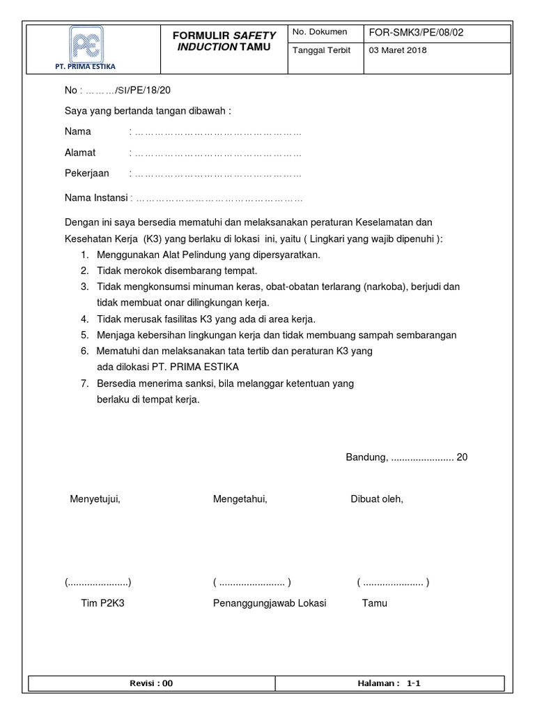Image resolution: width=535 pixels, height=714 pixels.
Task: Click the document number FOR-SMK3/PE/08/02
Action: pos(414,33)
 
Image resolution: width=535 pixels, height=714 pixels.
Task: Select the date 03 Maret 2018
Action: pos(398,51)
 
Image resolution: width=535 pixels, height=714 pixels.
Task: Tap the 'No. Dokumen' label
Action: pos(320,33)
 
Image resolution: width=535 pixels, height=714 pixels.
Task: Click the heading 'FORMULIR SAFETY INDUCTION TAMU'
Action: pos(224,40)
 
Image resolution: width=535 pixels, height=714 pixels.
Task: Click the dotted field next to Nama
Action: pos(217,132)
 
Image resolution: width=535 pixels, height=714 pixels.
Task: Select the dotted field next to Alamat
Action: pos(217,153)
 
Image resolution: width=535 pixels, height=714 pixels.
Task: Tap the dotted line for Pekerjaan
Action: pos(217,174)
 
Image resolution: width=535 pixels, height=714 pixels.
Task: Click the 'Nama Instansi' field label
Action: pos(96,198)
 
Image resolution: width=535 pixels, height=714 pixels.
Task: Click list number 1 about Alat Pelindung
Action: pos(84,255)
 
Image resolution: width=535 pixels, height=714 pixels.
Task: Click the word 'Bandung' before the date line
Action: pos(366,457)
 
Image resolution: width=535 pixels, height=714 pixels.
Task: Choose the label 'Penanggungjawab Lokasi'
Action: pos(270,603)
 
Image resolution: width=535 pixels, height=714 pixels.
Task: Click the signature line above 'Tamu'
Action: pos(393,583)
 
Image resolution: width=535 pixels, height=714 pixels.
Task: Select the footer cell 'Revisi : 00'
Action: pos(151,684)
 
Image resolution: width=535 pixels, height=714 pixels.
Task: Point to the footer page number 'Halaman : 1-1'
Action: pos(389,684)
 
